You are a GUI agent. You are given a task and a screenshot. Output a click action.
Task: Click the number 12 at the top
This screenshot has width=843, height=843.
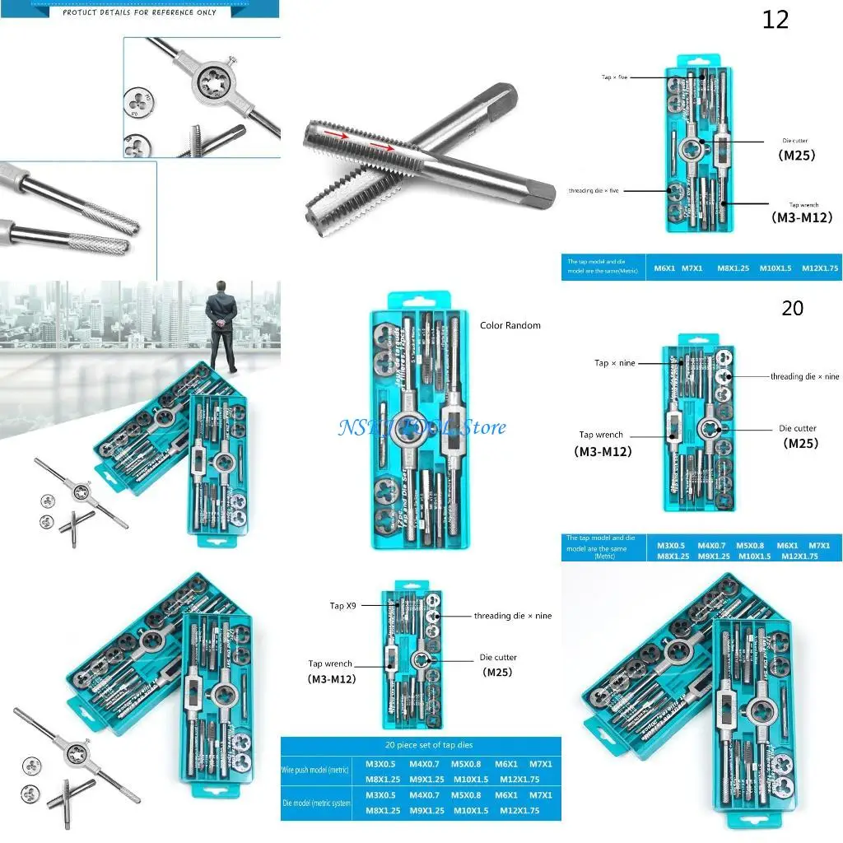(x=775, y=20)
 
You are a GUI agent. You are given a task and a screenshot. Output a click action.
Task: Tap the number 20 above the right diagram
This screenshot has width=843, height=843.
(x=792, y=309)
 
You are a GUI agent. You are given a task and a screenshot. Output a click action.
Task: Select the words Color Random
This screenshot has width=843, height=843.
(x=510, y=325)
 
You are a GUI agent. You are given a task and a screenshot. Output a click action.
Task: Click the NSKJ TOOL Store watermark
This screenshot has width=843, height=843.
(x=422, y=427)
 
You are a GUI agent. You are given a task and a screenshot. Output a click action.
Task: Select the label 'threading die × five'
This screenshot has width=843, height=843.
(x=594, y=190)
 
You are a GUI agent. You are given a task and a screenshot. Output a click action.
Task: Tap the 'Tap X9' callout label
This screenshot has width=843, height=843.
(x=343, y=606)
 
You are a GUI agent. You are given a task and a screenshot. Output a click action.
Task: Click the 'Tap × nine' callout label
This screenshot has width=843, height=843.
(x=615, y=363)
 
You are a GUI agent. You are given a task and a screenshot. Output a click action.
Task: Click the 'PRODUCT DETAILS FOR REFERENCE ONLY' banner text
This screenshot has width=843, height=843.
(x=139, y=12)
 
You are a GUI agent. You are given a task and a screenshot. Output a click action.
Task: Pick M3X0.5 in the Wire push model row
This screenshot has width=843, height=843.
(x=380, y=765)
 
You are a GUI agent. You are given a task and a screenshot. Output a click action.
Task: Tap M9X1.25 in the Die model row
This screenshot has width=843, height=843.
(x=426, y=811)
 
